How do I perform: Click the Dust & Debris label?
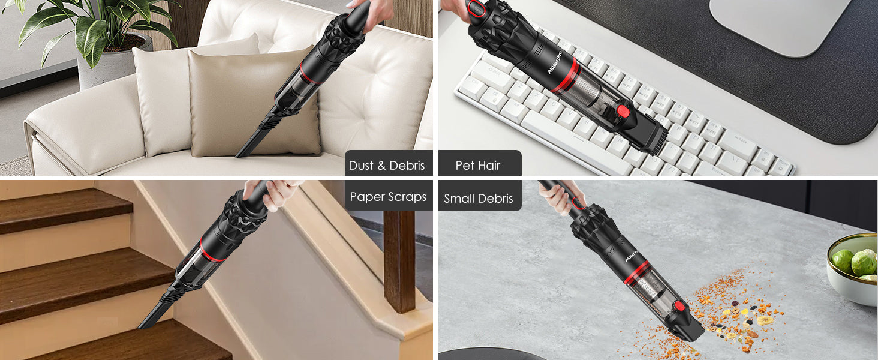pyautogui.click(x=387, y=166)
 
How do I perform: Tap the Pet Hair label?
pyautogui.click(x=478, y=166)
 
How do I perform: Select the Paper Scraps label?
pyautogui.click(x=388, y=197)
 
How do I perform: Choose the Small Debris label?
pyautogui.click(x=479, y=199)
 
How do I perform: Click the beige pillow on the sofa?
pyautogui.click(x=252, y=102)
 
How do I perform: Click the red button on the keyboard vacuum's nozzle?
pyautogui.click(x=624, y=110)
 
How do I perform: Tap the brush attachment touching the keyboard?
pyautogui.click(x=651, y=136)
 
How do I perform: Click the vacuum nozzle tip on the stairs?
pyautogui.click(x=149, y=321)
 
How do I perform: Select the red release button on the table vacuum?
pyautogui.click(x=679, y=306)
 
